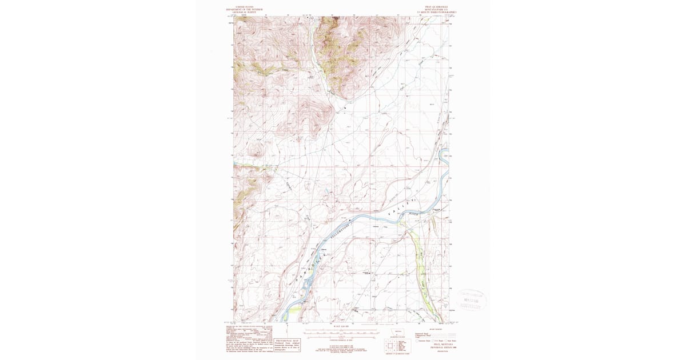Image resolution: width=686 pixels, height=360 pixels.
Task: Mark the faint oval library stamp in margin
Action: coord(472,299)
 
